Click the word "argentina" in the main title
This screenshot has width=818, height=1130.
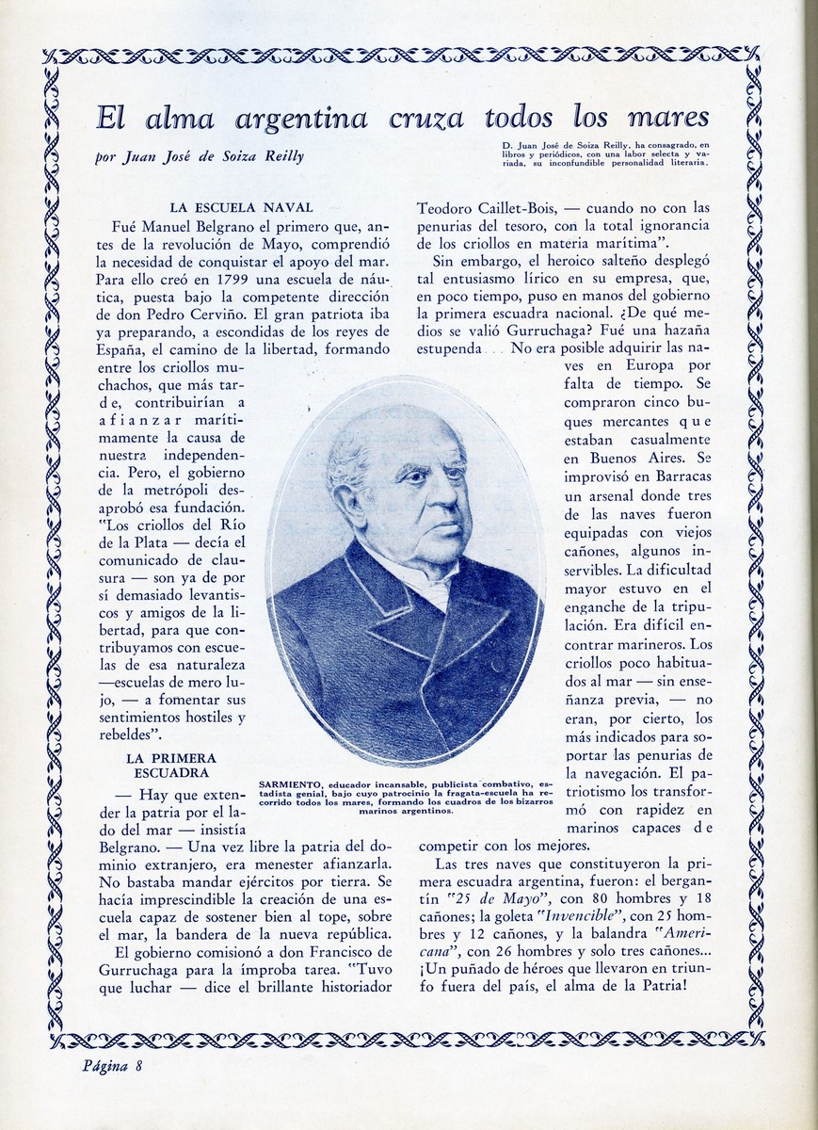click(x=301, y=119)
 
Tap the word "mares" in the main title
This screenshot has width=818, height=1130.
click(x=665, y=119)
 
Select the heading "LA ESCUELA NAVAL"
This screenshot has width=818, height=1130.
click(x=241, y=207)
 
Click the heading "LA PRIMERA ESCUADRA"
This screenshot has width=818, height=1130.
click(x=170, y=765)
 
